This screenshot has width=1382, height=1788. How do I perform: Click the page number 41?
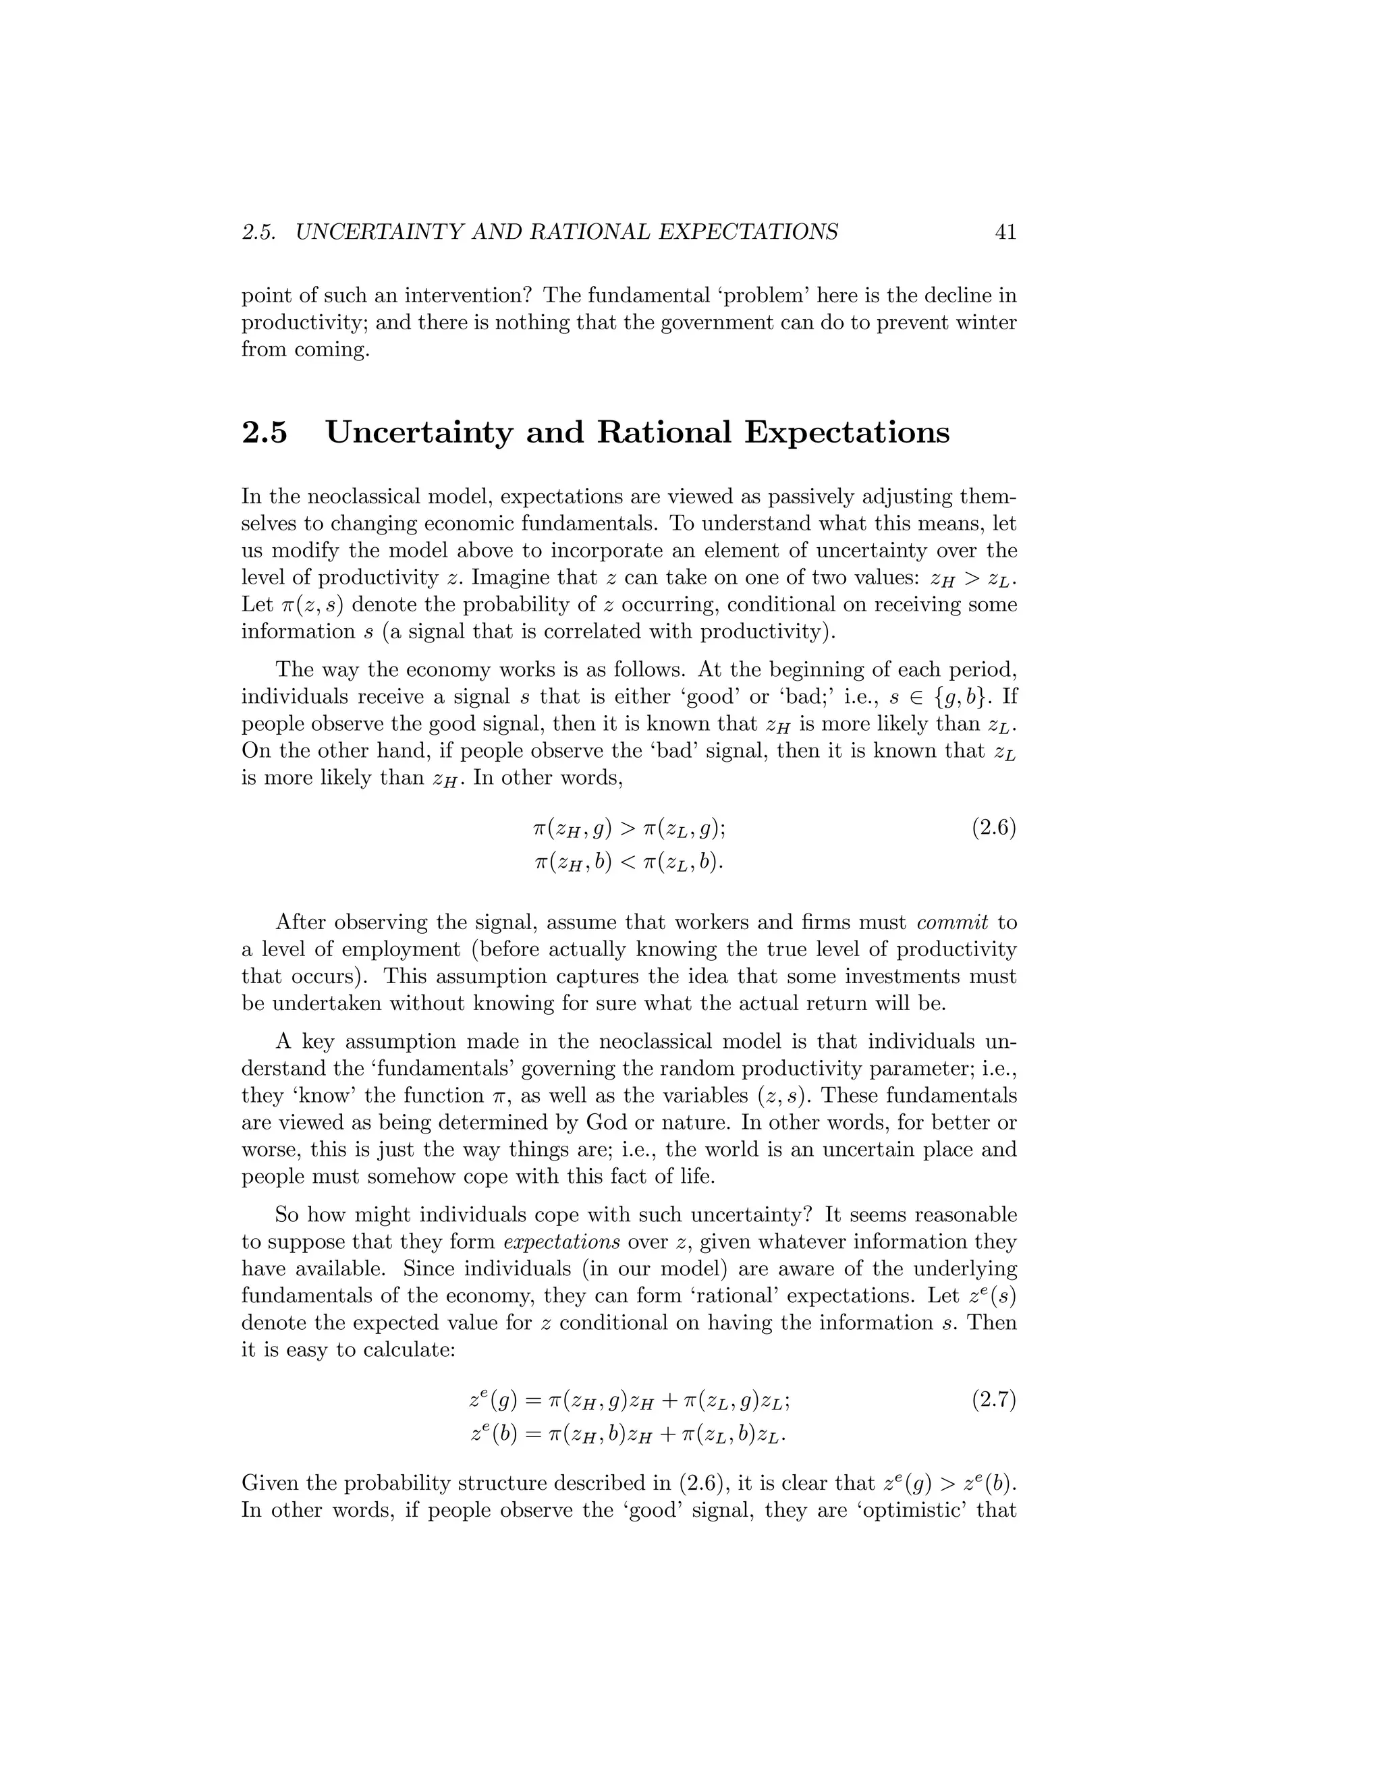pyautogui.click(x=1005, y=233)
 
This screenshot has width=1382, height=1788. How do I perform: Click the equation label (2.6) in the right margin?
pyautogui.click(x=994, y=829)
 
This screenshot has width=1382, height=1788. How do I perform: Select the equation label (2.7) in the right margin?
pyautogui.click(x=994, y=1400)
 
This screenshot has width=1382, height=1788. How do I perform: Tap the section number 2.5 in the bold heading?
pyautogui.click(x=265, y=432)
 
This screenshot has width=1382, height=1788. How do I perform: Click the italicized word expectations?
pyautogui.click(x=561, y=1242)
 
